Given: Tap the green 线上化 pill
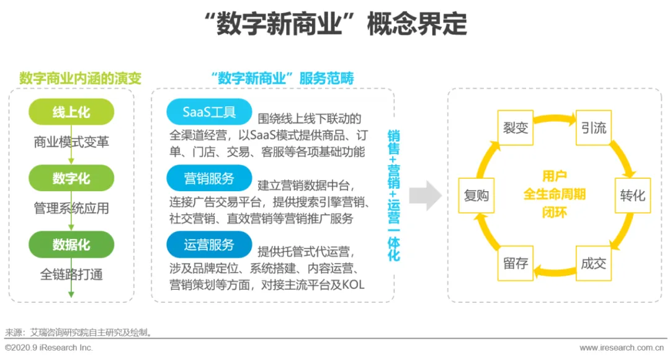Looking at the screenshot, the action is [x=71, y=112].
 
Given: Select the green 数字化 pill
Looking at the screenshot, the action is [x=71, y=179].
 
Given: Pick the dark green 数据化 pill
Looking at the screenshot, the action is [x=71, y=245].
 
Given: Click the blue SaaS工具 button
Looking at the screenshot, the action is [x=209, y=112].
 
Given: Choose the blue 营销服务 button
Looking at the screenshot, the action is [x=209, y=179].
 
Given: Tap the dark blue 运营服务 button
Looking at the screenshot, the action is [x=209, y=245].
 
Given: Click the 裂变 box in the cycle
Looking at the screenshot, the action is [x=515, y=128].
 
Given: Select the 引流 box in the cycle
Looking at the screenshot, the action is [x=594, y=128].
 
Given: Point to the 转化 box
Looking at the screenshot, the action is [x=633, y=196].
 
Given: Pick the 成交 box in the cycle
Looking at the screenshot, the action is [x=594, y=263].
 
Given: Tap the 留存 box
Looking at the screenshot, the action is [x=515, y=263].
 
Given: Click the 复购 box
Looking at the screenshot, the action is [x=476, y=196].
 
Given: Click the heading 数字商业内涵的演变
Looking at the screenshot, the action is [x=80, y=78].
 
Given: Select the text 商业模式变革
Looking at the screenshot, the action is [x=71, y=142].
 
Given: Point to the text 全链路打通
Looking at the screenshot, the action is [x=71, y=274].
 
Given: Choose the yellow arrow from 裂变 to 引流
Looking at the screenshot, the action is [x=555, y=119].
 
